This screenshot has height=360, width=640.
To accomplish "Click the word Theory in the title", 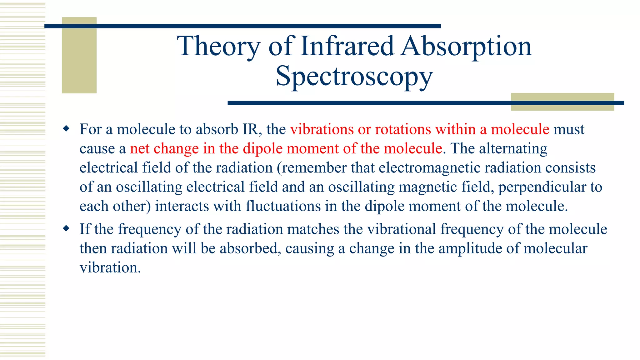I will tap(218, 46).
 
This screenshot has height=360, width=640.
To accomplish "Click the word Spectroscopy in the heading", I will tap(354, 76).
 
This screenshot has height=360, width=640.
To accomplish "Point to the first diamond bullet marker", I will tap(66, 128).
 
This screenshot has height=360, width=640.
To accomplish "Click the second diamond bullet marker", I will tap(66, 228).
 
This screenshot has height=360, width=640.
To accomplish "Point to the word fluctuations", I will tap(283, 206).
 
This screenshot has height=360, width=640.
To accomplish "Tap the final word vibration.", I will tap(110, 268).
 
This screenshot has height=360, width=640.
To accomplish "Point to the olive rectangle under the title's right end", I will tap(562, 102).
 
